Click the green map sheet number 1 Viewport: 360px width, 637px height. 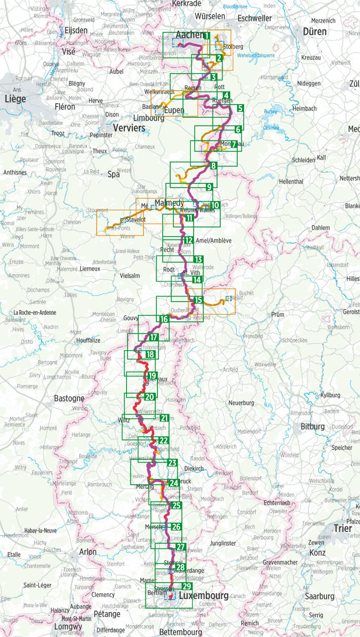207,36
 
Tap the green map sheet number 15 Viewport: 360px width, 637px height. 199,299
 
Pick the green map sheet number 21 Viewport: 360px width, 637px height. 165,418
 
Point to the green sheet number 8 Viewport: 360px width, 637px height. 213,166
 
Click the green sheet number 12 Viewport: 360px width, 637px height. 188,240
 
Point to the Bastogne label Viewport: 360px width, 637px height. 69,398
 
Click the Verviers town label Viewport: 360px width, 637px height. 129,128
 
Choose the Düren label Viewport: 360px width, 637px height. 315,31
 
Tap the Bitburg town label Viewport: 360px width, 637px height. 313,427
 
